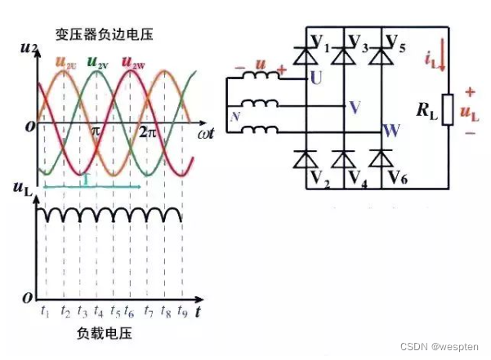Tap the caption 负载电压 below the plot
104,336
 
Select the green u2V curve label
98,62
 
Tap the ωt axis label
206,131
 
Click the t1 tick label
45,311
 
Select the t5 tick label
116,312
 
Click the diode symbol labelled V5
377,56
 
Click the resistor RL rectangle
446,108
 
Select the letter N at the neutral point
236,116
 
